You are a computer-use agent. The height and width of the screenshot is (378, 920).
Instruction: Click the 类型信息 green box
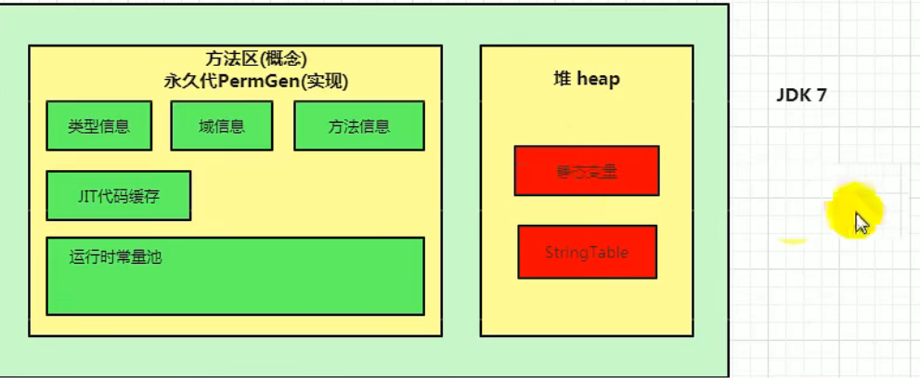tap(99, 126)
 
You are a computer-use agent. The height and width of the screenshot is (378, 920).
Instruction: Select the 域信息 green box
tap(221, 126)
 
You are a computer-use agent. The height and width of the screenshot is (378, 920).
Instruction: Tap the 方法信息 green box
tap(358, 126)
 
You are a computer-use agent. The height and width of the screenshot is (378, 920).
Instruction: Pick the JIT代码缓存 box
tap(118, 195)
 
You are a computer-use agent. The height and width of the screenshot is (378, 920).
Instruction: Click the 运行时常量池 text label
tap(115, 257)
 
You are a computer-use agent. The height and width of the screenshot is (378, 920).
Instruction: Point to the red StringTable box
tap(587, 252)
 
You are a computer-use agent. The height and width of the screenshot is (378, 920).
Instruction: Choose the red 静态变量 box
tap(587, 171)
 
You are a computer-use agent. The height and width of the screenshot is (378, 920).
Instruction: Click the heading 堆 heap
tap(586, 79)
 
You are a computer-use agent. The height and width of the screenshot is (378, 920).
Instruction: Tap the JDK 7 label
tap(801, 96)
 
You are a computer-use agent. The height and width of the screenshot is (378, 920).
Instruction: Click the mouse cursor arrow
tap(861, 223)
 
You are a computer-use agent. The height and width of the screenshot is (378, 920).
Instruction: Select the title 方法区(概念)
tap(255, 59)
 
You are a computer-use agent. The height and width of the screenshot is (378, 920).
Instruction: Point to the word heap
tap(598, 79)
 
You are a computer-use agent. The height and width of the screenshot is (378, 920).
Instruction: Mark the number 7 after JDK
tap(821, 96)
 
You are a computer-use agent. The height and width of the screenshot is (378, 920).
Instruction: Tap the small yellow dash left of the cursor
tap(792, 241)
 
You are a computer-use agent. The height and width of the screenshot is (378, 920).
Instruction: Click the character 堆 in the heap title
tap(562, 79)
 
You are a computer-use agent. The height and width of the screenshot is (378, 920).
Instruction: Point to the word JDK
tap(794, 96)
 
